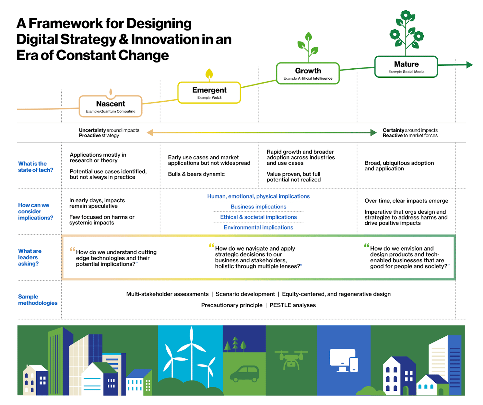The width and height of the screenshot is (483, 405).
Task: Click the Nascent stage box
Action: point(111,107)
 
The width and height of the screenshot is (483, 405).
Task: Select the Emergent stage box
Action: point(209,93)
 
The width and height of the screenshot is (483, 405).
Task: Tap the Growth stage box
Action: point(308,73)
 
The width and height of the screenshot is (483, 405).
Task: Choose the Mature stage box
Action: point(406,67)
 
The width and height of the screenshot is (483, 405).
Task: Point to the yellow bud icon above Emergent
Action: point(209,74)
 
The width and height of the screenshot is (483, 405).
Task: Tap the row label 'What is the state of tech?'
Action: point(35,167)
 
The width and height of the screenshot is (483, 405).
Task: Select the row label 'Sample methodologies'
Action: point(37,300)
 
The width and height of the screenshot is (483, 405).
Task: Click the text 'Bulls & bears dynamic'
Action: point(196,174)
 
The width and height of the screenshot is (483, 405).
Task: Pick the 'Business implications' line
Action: point(258,207)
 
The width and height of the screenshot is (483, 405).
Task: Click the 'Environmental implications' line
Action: point(258,227)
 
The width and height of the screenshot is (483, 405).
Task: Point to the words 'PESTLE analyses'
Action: point(292,305)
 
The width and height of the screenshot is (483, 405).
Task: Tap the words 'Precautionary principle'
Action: point(231,305)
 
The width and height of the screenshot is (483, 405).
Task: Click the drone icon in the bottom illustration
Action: point(291,359)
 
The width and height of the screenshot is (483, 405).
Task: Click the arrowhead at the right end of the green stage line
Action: point(469,65)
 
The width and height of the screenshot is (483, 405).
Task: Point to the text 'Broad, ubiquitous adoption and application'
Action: point(399,166)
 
